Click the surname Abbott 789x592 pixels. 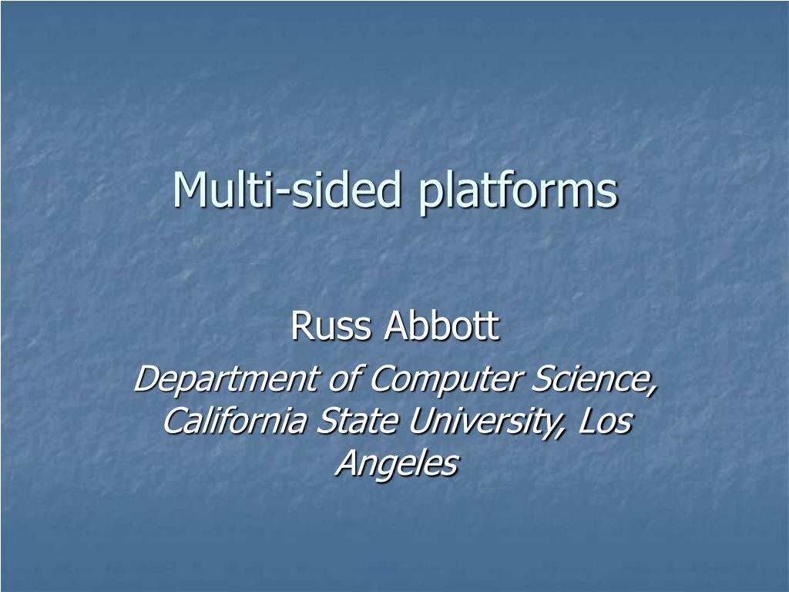442,327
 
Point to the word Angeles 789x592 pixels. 397,463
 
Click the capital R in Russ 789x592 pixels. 300,327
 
